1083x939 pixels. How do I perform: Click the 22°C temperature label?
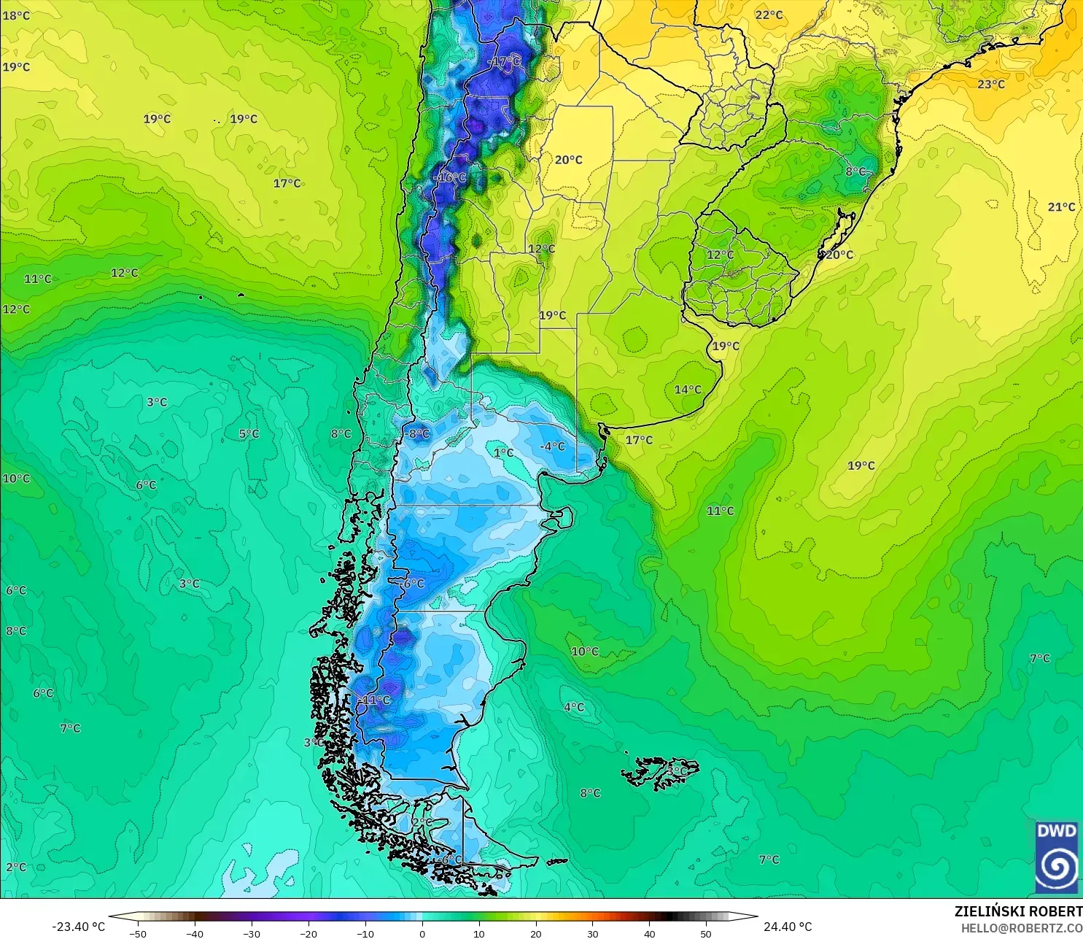tap(769, 15)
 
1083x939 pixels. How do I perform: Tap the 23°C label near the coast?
tap(991, 84)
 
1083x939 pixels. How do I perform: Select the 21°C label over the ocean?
tap(1061, 206)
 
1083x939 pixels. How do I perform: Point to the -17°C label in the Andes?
tap(504, 62)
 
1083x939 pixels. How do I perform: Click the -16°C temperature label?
tap(449, 177)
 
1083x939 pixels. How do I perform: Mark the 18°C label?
tap(16, 15)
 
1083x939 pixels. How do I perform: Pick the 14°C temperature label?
tap(687, 390)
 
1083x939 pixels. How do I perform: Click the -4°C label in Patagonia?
tap(552, 446)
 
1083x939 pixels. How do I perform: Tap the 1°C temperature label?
tap(503, 452)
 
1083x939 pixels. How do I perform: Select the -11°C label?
tap(375, 700)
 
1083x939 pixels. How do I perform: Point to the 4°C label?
tap(574, 706)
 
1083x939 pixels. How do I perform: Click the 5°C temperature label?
tap(249, 433)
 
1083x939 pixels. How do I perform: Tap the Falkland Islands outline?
tap(660, 773)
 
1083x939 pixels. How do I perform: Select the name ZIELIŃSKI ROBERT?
tap(1018, 911)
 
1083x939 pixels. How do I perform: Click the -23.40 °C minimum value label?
tap(78, 927)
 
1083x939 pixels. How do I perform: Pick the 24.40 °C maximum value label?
tap(788, 927)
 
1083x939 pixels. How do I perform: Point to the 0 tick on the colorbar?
tap(422, 933)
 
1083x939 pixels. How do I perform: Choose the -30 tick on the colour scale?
tap(251, 933)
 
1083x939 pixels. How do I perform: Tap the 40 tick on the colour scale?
tap(649, 933)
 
